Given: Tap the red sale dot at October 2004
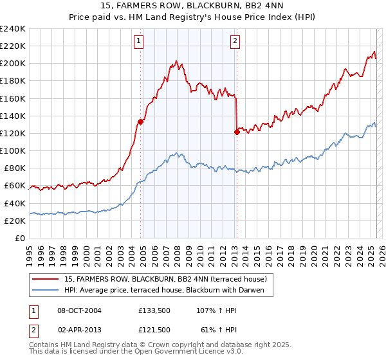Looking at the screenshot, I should (140, 122).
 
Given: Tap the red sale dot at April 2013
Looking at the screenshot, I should (237, 132).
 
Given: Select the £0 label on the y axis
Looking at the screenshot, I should (19, 238).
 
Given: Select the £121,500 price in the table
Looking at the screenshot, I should (154, 329).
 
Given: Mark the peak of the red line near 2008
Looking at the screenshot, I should (175, 62).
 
